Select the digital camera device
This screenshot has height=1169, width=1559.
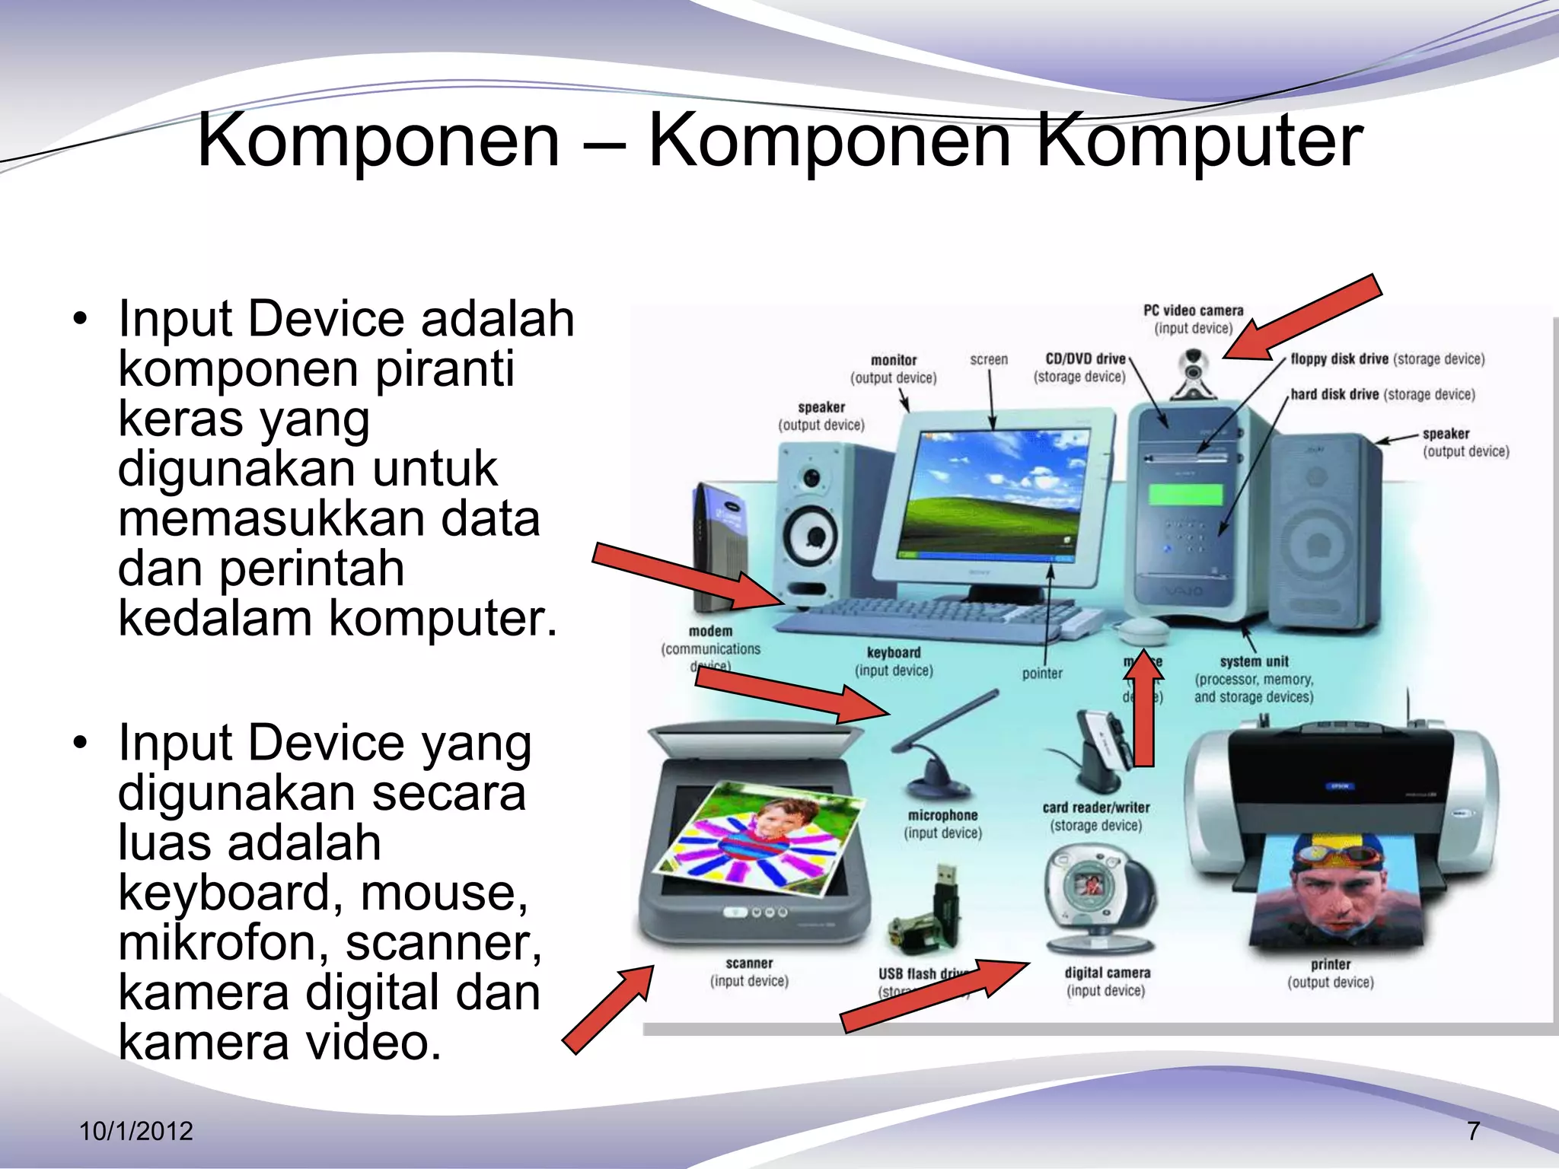(x=1100, y=903)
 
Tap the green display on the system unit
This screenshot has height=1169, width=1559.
(x=1184, y=494)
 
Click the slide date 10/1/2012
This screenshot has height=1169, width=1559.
(x=136, y=1131)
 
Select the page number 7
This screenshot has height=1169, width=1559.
(x=1473, y=1131)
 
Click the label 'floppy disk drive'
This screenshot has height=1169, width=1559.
(x=1339, y=358)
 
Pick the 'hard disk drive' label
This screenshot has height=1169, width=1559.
(x=1334, y=394)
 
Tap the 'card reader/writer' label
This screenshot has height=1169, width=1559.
(x=1095, y=807)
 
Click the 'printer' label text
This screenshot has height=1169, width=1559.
(x=1330, y=964)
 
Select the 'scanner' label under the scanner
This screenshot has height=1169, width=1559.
(x=749, y=964)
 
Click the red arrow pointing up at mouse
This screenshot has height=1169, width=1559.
(x=1143, y=708)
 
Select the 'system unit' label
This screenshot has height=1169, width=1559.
(x=1254, y=661)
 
